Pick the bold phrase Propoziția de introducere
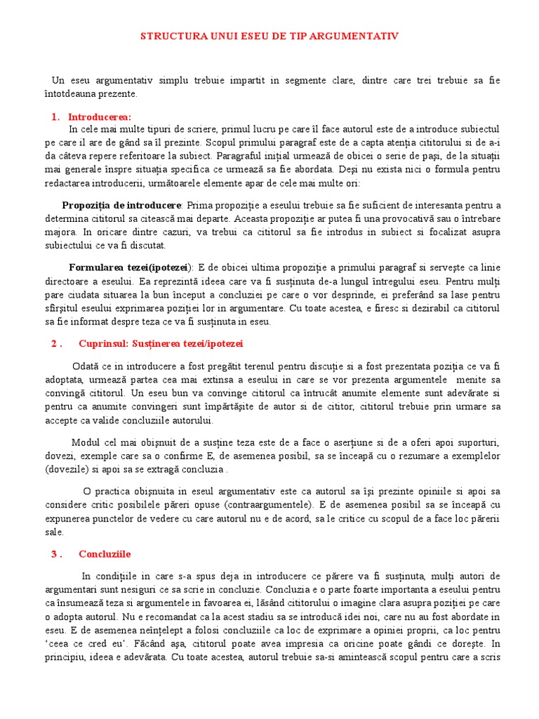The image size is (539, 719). coord(121,205)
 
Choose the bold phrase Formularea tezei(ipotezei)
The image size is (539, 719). coord(129,268)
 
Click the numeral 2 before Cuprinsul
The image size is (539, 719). coord(54,344)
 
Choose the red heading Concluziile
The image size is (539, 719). coord(105,554)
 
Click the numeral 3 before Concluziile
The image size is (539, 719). coord(54,554)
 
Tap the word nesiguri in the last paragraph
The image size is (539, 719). coord(128,590)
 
